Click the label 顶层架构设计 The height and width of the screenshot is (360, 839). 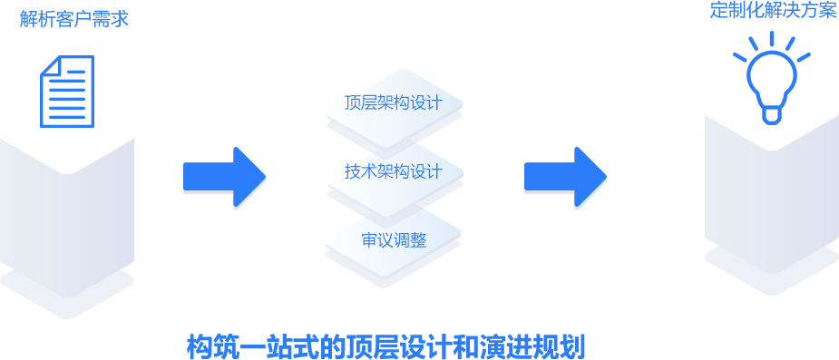393,102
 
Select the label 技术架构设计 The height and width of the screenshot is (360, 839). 393,171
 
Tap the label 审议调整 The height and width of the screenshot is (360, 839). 394,240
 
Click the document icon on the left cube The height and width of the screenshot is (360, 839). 66,112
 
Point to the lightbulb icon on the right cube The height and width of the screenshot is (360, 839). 771,98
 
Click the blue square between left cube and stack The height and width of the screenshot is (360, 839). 224,178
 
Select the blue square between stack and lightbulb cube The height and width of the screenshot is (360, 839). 565,178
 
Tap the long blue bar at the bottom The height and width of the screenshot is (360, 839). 385,345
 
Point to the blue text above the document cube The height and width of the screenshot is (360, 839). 73,18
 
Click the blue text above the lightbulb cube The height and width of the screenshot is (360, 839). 773,11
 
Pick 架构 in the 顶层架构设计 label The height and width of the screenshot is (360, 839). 393,102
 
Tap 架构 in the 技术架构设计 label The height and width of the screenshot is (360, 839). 393,171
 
